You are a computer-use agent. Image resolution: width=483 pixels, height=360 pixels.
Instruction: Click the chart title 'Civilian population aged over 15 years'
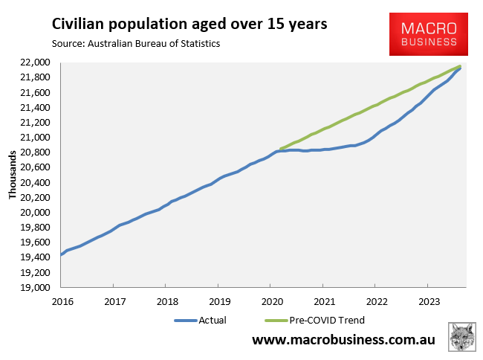189,25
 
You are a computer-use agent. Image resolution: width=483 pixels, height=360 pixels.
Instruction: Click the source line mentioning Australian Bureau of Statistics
136,43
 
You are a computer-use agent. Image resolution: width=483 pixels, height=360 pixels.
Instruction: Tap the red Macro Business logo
429,34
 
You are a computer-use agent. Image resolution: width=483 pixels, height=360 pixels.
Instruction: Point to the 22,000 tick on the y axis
36,62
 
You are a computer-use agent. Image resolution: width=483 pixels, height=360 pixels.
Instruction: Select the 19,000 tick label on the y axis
36,288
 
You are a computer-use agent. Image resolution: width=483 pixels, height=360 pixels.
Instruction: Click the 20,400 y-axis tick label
36,183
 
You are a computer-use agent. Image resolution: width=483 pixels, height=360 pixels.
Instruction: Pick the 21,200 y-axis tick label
36,123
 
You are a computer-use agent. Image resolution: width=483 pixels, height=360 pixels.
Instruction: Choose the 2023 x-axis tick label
427,301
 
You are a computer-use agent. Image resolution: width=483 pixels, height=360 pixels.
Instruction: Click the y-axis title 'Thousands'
13,175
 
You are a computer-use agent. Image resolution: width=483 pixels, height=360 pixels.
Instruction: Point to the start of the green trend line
281,149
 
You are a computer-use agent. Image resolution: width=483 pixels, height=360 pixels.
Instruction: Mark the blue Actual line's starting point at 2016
61,255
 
